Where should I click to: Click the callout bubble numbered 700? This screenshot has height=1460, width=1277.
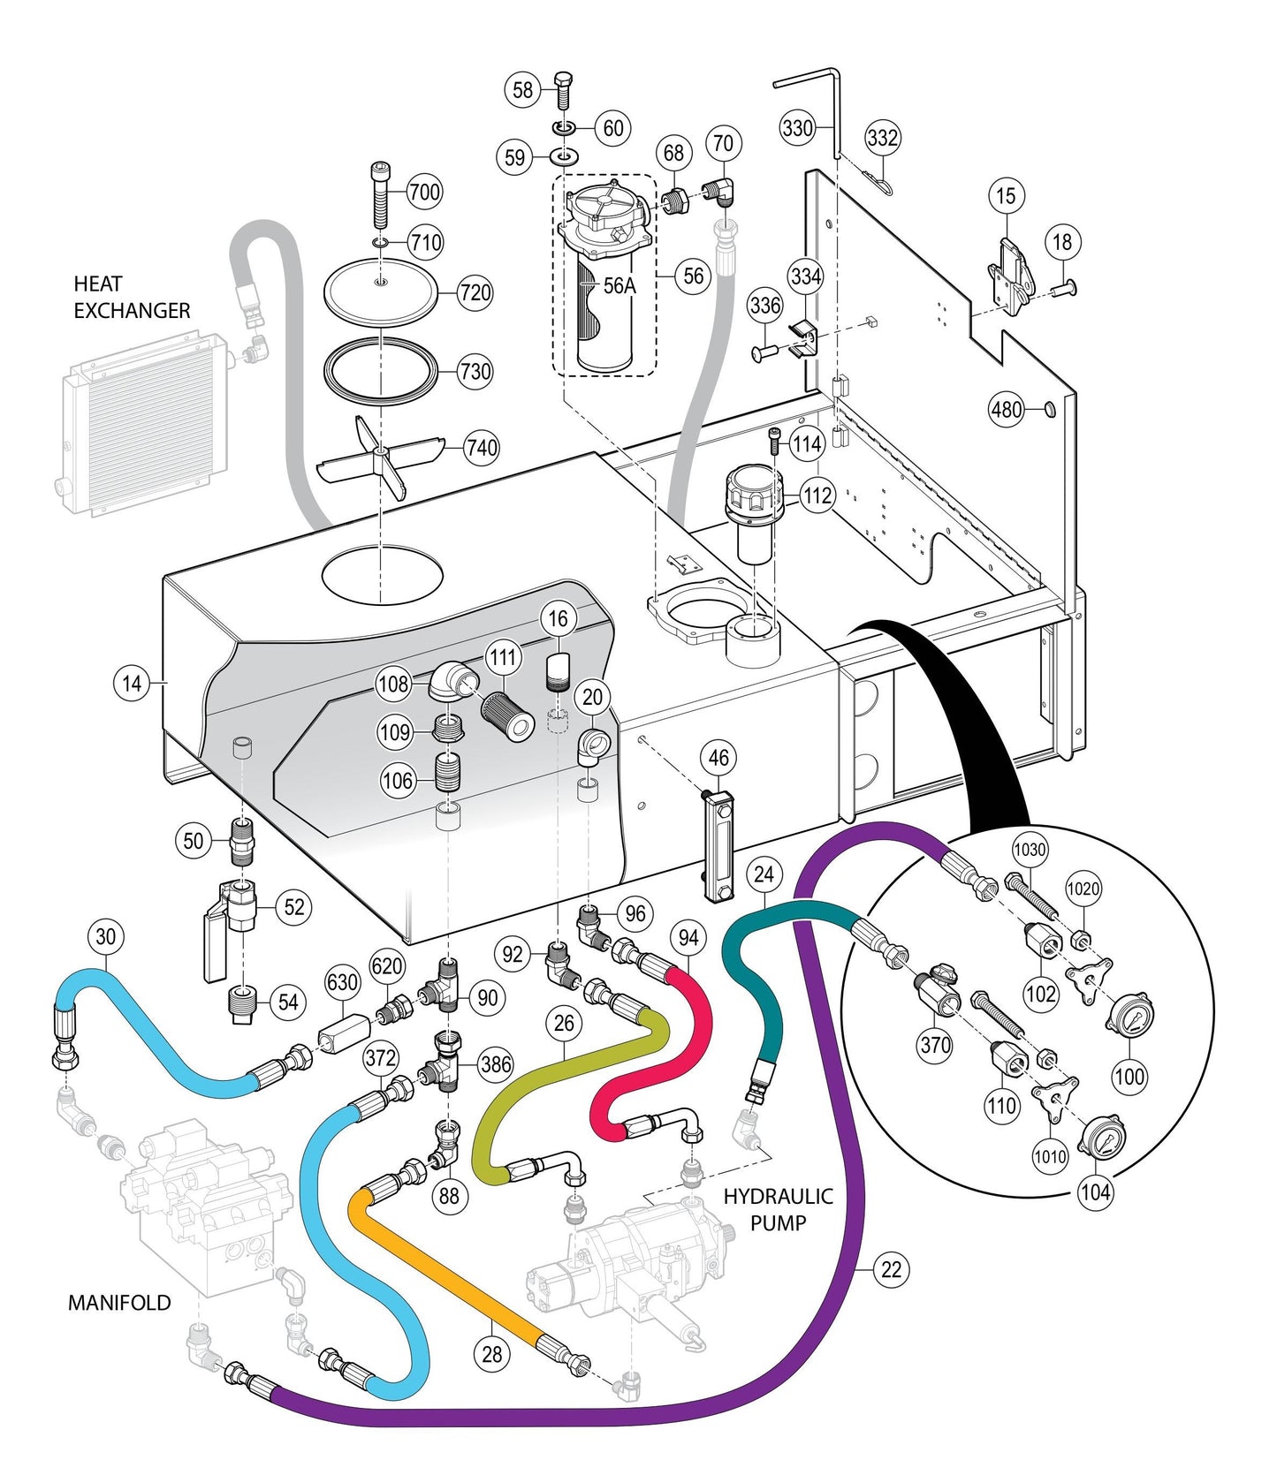tap(424, 192)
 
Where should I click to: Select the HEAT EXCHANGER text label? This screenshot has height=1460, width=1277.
tap(131, 298)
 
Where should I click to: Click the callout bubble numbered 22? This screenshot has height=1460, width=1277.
tap(892, 1269)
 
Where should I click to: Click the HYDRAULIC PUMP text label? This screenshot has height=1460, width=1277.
tap(778, 1209)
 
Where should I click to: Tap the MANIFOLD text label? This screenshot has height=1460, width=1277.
tap(119, 1302)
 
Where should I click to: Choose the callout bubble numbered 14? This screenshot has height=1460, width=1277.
tap(132, 683)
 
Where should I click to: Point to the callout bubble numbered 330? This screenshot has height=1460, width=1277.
tap(797, 129)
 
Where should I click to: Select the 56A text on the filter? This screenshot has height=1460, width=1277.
tap(619, 285)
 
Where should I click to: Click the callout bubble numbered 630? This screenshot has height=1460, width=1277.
tap(342, 982)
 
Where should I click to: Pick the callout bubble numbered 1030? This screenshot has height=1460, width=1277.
tap(1030, 850)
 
